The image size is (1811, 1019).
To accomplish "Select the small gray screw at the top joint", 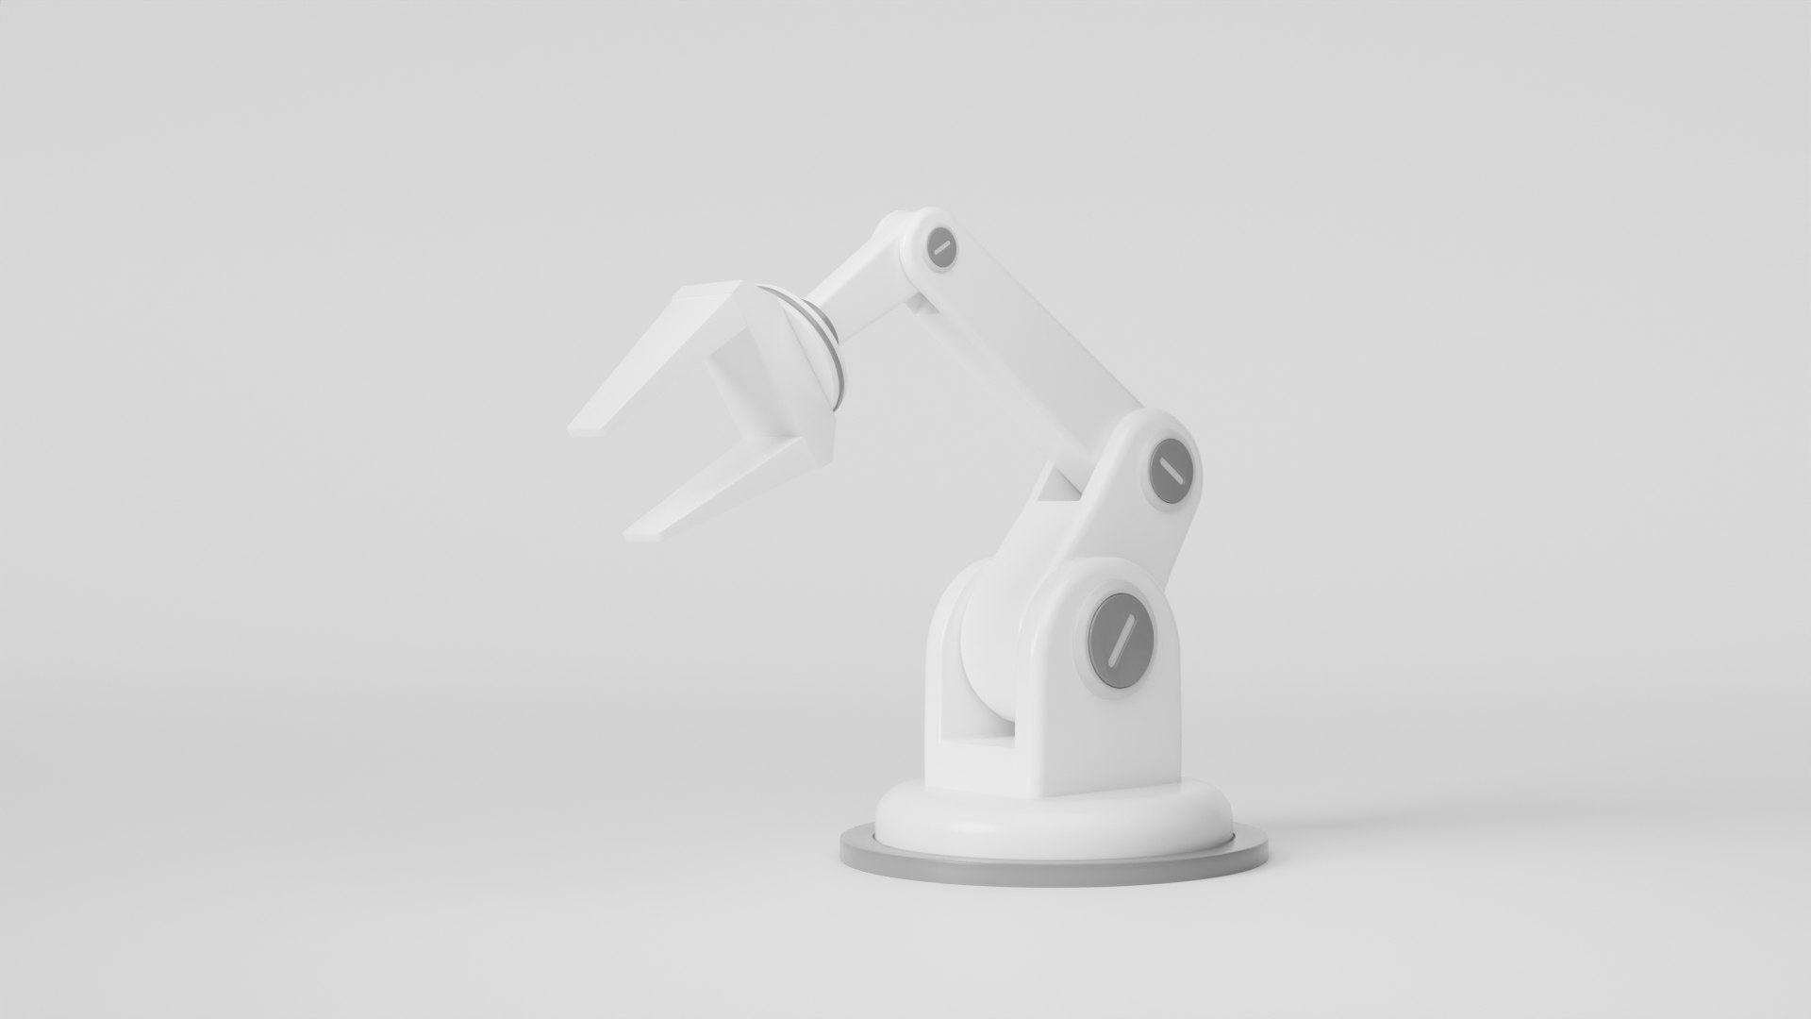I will [x=940, y=247].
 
